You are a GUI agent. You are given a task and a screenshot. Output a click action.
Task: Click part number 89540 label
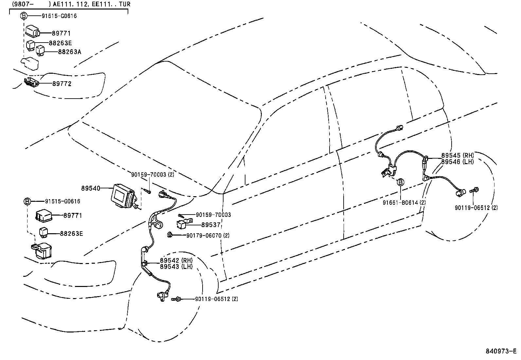coord(91,188)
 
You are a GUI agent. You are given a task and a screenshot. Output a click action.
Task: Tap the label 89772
coord(62,84)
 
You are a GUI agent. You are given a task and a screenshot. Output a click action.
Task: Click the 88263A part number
coord(69,52)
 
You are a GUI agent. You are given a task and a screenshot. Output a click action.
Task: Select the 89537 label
coord(211,225)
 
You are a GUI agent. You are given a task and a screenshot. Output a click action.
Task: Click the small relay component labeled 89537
coord(181,224)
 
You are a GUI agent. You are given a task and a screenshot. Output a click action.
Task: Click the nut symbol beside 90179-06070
coord(170,235)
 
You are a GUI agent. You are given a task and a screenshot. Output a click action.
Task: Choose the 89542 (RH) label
coord(176,260)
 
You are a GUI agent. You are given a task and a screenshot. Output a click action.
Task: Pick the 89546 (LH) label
coord(457,162)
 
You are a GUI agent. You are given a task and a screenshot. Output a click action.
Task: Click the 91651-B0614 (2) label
coord(404,203)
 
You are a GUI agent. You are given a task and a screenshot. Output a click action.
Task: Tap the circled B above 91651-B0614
coord(400,182)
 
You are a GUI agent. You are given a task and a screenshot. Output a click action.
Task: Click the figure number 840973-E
coord(501,351)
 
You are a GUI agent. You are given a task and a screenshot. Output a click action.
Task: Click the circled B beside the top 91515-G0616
coord(24,16)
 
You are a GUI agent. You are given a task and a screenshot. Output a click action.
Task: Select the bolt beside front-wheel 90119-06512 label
coord(176,299)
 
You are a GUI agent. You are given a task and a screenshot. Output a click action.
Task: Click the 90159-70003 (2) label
coord(153,175)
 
